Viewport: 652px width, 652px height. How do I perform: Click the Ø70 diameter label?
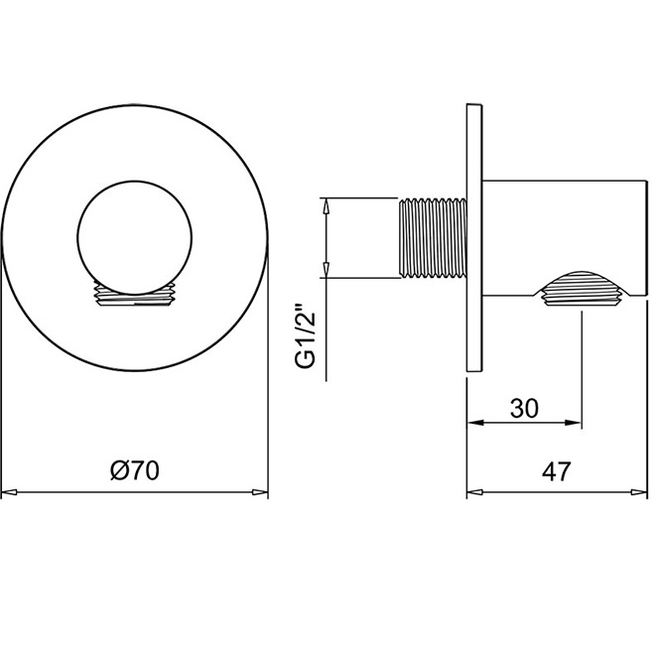[135, 470]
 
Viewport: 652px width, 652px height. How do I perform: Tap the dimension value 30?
[524, 408]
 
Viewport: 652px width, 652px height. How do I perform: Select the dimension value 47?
[557, 471]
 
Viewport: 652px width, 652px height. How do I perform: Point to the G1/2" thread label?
[306, 337]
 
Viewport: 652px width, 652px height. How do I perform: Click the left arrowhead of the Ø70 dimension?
[9, 492]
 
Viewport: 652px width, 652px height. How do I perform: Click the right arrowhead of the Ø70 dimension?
[260, 492]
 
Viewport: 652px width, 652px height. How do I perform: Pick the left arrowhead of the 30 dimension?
[475, 423]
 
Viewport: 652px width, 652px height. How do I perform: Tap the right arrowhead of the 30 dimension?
[573, 423]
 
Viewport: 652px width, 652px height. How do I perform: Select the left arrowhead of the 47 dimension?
[475, 492]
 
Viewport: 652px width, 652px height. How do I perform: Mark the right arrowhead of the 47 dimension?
[639, 492]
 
